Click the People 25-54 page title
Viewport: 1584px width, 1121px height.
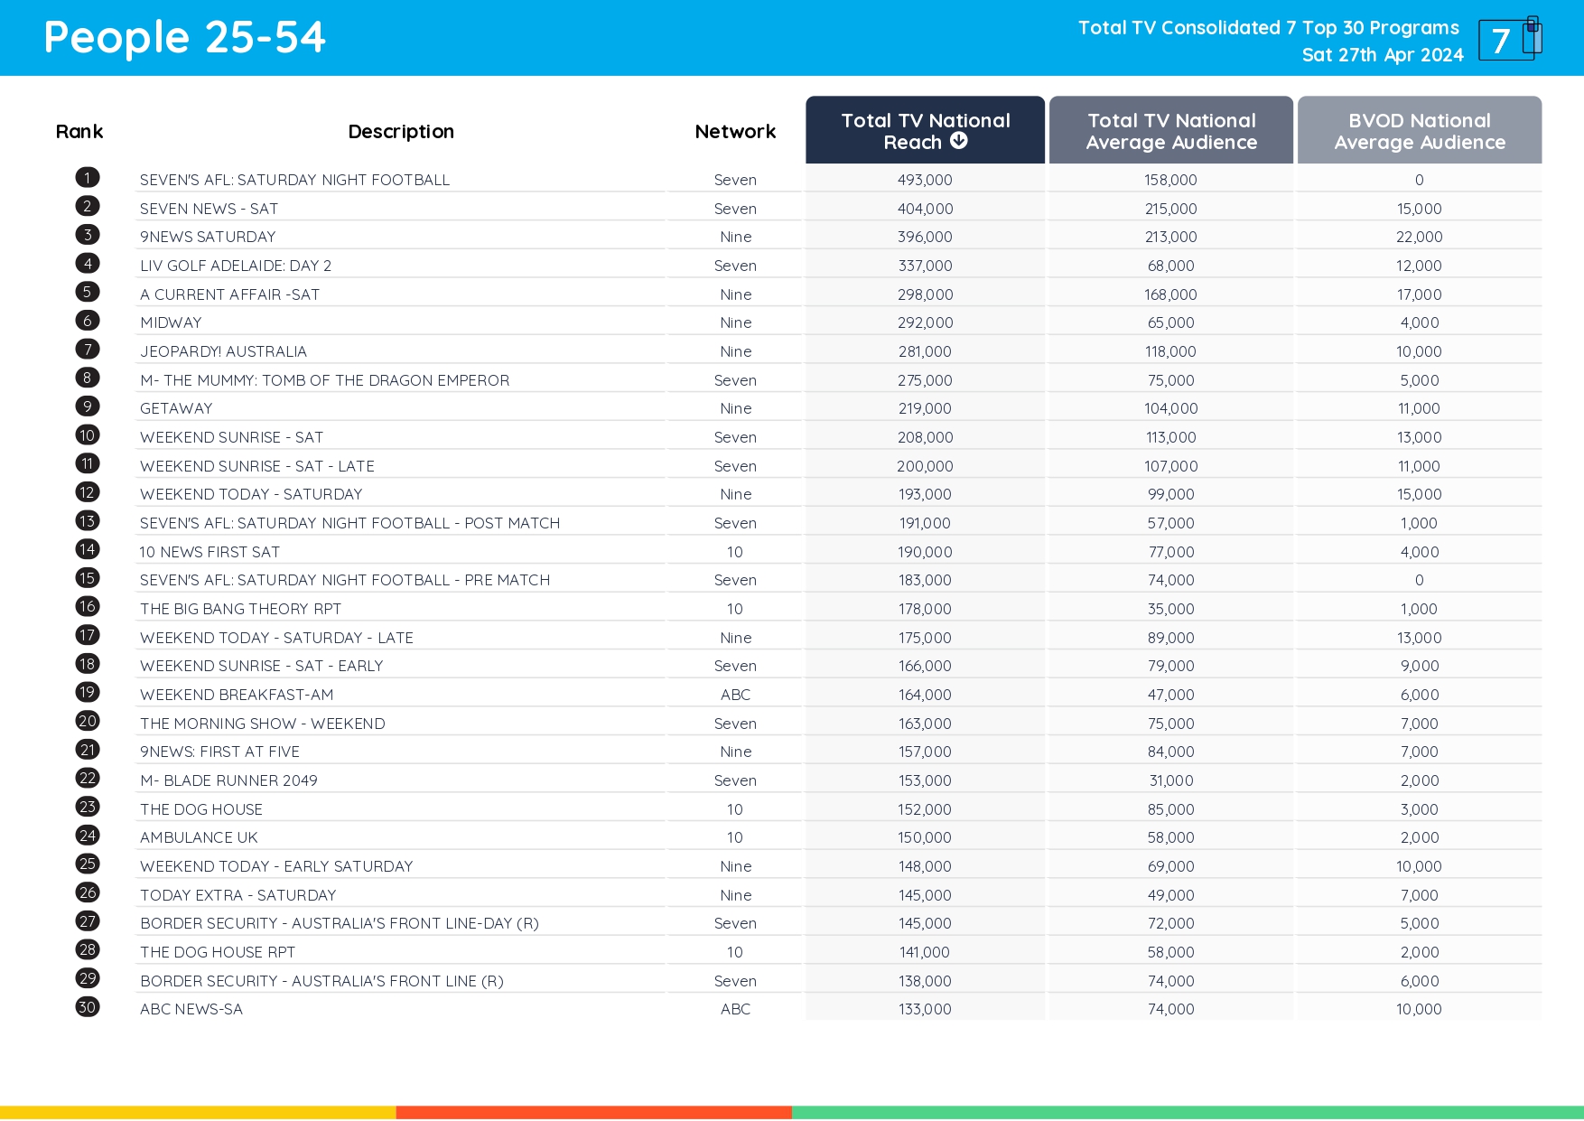pyautogui.click(x=184, y=38)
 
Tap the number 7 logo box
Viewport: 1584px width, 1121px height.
pyautogui.click(x=1506, y=41)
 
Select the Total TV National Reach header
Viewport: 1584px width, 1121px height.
pyautogui.click(x=925, y=131)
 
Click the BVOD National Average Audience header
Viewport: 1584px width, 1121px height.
pyautogui.click(x=1419, y=131)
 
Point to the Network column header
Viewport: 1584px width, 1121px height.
pyautogui.click(x=735, y=132)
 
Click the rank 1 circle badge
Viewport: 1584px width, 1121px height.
pyautogui.click(x=88, y=178)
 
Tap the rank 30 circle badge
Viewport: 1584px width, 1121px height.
pyautogui.click(x=88, y=1007)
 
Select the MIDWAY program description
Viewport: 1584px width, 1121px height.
pyautogui.click(x=171, y=322)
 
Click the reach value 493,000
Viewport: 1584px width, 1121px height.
pyautogui.click(x=925, y=180)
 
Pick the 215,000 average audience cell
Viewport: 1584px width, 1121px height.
pyautogui.click(x=1170, y=209)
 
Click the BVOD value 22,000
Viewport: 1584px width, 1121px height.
pyautogui.click(x=1419, y=237)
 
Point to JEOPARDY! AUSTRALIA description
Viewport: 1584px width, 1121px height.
pyautogui.click(x=223, y=351)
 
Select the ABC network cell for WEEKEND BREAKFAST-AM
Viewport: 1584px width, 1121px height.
pyautogui.click(x=735, y=695)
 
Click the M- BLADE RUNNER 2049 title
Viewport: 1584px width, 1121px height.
pyautogui.click(x=228, y=780)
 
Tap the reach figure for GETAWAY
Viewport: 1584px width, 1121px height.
pyautogui.click(x=925, y=408)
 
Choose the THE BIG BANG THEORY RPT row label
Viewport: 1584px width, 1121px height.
pyautogui.click(x=240, y=609)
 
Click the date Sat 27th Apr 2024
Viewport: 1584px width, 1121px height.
pyautogui.click(x=1382, y=55)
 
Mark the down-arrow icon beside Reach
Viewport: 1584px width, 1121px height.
pyautogui.click(x=959, y=141)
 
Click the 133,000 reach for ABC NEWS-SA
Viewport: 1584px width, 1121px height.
pyautogui.click(x=925, y=1009)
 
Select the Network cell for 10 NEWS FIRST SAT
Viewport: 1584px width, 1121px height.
pyautogui.click(x=735, y=552)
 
